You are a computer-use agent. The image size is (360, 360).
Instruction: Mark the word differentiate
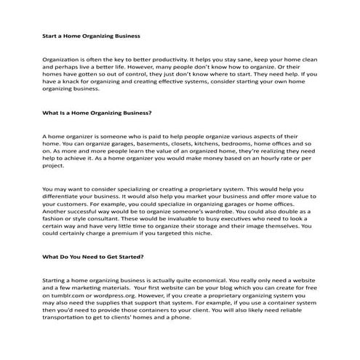pyautogui.click(x=63, y=199)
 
